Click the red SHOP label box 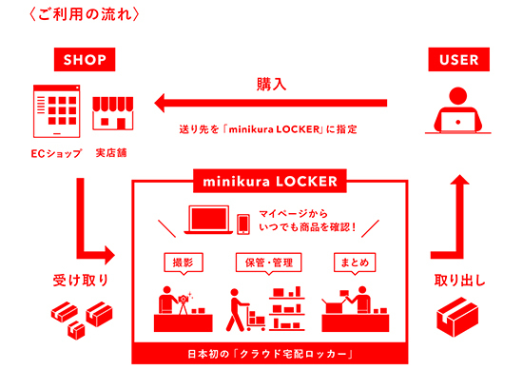85,59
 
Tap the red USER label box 459,59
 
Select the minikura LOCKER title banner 270,181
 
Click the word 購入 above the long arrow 271,84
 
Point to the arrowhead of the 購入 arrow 160,103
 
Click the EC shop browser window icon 57,111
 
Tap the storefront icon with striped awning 113,113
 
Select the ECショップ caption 56,153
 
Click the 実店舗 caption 111,153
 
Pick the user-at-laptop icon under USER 458,110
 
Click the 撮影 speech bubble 184,263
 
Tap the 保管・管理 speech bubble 269,263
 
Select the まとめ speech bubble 355,263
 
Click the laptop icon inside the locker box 208,220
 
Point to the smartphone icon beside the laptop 243,224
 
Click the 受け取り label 81,280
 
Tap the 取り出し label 459,280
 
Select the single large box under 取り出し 457,317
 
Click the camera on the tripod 184,299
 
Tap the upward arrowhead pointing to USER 459,180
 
